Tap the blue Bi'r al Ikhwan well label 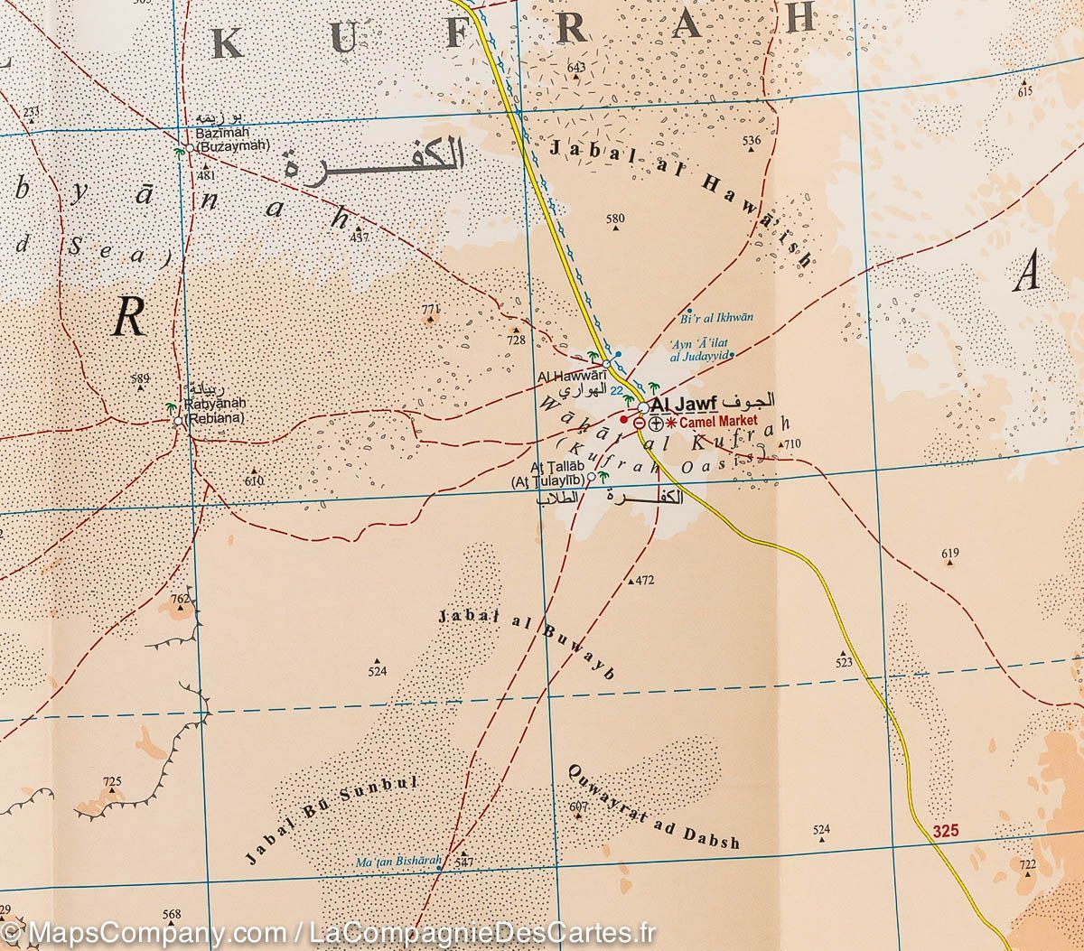(715, 318)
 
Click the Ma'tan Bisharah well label (397, 862)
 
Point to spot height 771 (429, 309)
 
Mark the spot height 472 (644, 580)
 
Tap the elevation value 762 (182, 598)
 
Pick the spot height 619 (949, 553)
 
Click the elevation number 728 (516, 340)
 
